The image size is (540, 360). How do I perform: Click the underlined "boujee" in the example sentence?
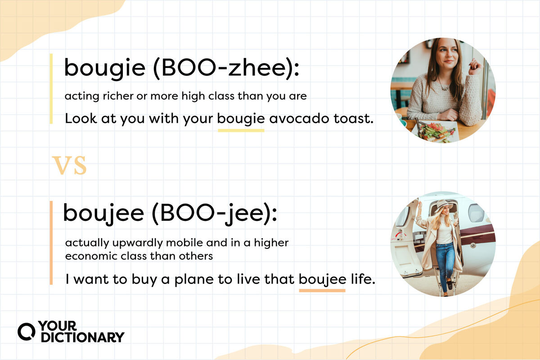322,279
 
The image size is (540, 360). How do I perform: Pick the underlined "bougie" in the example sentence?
241,119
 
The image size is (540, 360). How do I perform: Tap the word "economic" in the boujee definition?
85,256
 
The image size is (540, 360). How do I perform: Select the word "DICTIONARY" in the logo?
82,337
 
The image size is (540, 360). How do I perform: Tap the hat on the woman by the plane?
444,205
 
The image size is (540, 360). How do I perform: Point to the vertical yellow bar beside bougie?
51,89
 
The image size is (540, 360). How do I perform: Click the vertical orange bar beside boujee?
51,243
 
